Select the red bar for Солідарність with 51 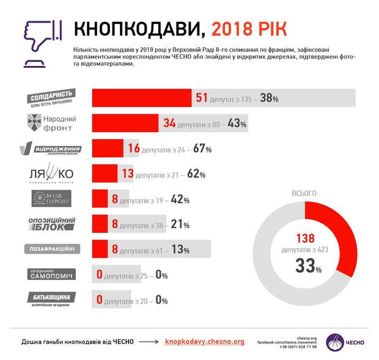(142, 98)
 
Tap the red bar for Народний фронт (126, 123)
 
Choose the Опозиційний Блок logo (52, 224)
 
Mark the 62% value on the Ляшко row (196, 174)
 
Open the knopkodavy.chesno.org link (204, 342)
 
